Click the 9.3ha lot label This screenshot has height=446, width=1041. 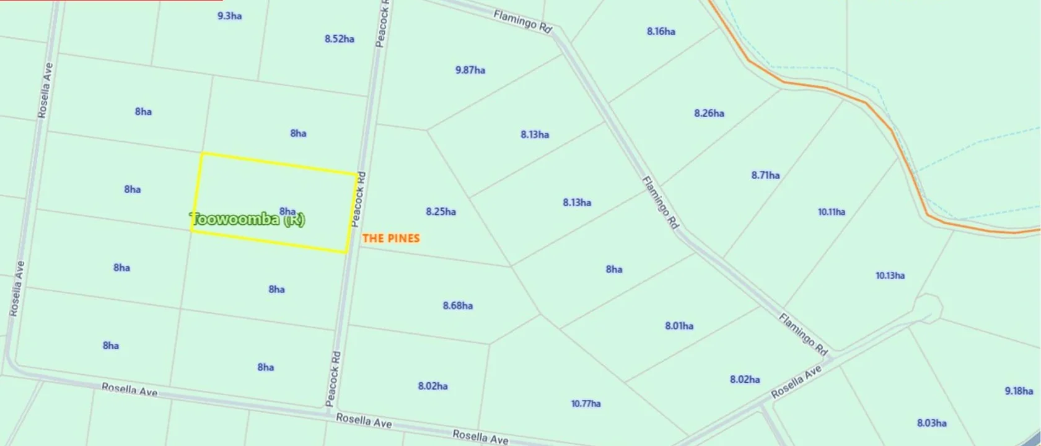[229, 16]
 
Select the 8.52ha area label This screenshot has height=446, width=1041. [339, 39]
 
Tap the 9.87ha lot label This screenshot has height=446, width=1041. [470, 70]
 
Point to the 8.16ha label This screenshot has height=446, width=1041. [661, 32]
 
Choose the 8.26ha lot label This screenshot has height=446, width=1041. [709, 113]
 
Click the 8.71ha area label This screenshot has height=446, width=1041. [765, 175]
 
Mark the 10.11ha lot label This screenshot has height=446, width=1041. [831, 212]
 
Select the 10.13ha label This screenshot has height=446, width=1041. [890, 276]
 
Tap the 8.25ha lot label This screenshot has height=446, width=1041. [441, 212]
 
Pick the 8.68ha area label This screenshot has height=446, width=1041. [457, 305]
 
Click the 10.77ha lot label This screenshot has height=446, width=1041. [586, 404]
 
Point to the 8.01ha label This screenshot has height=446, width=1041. [679, 326]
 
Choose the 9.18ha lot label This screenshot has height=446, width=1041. [1019, 391]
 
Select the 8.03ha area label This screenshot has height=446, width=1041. [931, 423]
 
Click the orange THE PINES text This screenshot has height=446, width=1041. [390, 238]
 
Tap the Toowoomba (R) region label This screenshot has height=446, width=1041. [247, 219]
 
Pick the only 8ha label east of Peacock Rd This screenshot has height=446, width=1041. [613, 269]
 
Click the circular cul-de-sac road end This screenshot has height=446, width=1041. [927, 306]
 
